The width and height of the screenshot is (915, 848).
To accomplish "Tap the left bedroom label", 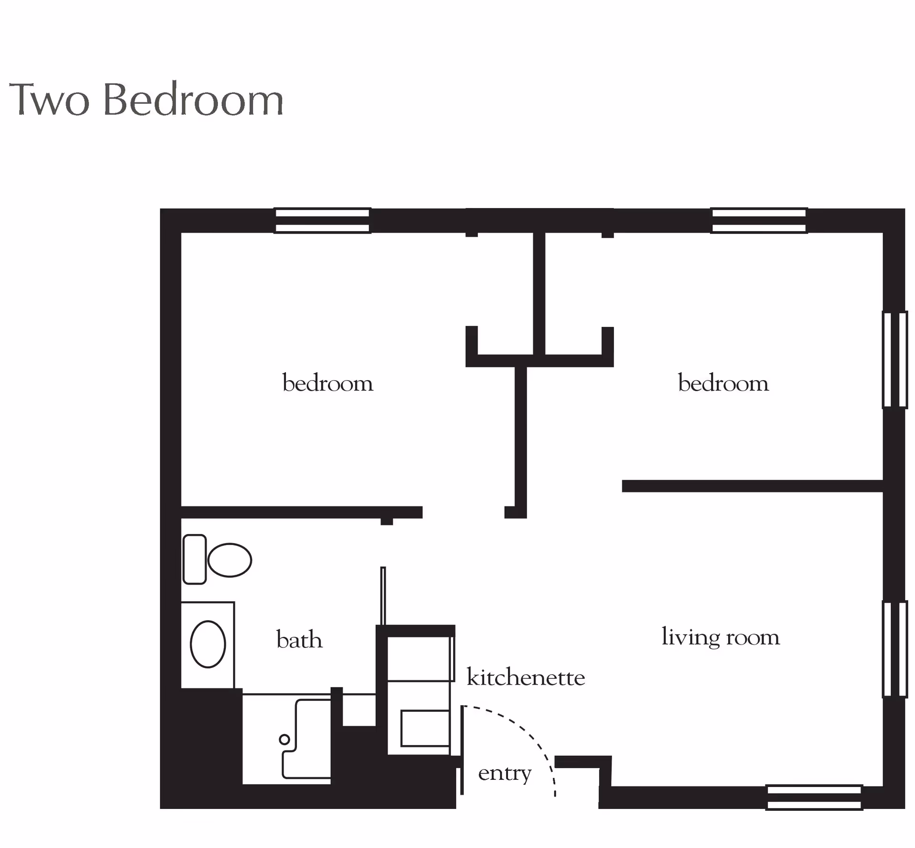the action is (328, 383).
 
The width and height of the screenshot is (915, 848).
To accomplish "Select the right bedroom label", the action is (723, 383).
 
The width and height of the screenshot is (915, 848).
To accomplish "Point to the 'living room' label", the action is (721, 637).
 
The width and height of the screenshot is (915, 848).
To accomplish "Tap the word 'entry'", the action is (505, 774).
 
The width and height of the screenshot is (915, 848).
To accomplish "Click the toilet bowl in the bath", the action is (230, 560).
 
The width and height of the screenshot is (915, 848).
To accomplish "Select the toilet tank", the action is (194, 559).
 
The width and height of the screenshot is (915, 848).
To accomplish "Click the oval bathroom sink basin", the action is (208, 644).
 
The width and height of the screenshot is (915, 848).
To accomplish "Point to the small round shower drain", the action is (285, 739).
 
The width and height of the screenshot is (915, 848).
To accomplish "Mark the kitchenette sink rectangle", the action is (425, 728).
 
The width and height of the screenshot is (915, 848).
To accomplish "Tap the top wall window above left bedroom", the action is (323, 221).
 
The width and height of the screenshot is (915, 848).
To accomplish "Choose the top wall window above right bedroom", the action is (759, 221).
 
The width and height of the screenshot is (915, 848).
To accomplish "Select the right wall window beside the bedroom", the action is (895, 360).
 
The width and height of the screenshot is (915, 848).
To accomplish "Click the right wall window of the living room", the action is (895, 649).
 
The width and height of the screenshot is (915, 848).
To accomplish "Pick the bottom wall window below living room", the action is (814, 798).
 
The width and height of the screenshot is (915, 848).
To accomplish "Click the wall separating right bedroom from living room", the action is (752, 486).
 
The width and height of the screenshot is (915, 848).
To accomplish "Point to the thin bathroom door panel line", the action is (383, 596).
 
